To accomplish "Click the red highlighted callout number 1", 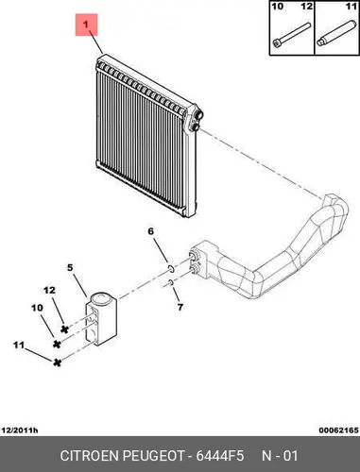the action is pyautogui.click(x=86, y=25).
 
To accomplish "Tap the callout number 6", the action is pyautogui.click(x=151, y=231).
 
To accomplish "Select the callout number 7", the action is pyautogui.click(x=180, y=307).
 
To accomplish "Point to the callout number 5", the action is pyautogui.click(x=70, y=268).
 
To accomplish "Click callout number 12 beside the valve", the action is pyautogui.click(x=49, y=290).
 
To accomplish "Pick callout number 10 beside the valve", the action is pyautogui.click(x=37, y=308).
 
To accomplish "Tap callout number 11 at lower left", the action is pyautogui.click(x=19, y=345).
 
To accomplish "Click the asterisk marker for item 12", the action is pyautogui.click(x=64, y=329).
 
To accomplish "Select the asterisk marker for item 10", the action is pyautogui.click(x=57, y=345).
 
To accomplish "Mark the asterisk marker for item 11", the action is pyautogui.click(x=57, y=362).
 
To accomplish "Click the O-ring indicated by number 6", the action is pyautogui.click(x=171, y=269).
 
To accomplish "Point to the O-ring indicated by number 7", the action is pyautogui.click(x=171, y=282).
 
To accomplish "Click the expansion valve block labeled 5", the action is pyautogui.click(x=101, y=319).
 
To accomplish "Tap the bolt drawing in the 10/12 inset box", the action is pyautogui.click(x=292, y=36).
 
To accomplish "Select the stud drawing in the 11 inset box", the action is pyautogui.click(x=335, y=34).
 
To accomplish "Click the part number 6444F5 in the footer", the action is pyautogui.click(x=220, y=456).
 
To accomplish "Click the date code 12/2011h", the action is pyautogui.click(x=20, y=430).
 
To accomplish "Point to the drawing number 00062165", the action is pyautogui.click(x=338, y=430).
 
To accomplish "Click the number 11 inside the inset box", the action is pyautogui.click(x=351, y=6).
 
